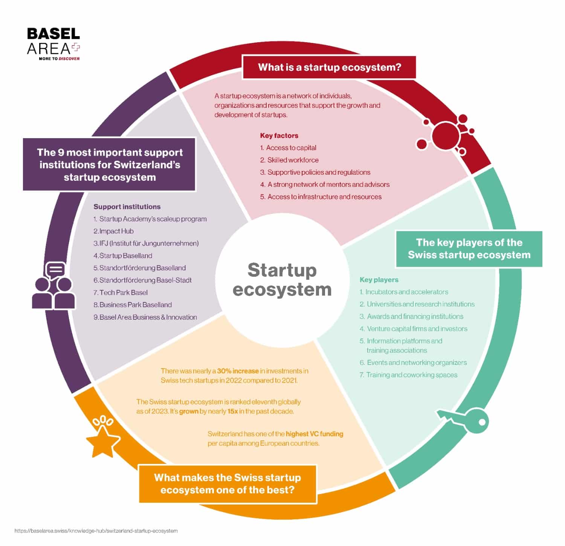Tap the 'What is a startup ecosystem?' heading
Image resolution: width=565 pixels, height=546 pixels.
[329, 67]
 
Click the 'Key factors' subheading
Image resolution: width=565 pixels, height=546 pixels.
[279, 136]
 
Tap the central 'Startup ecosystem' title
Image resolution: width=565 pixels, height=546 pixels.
[282, 280]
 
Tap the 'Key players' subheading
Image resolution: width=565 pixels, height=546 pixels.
[379, 280]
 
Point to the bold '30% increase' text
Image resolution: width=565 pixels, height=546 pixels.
[238, 371]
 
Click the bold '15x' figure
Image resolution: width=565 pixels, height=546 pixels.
[232, 411]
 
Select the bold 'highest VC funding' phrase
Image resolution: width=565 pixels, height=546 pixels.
[315, 434]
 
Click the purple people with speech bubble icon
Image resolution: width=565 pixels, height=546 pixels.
[54, 286]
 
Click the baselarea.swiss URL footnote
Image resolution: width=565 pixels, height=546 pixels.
[96, 531]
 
